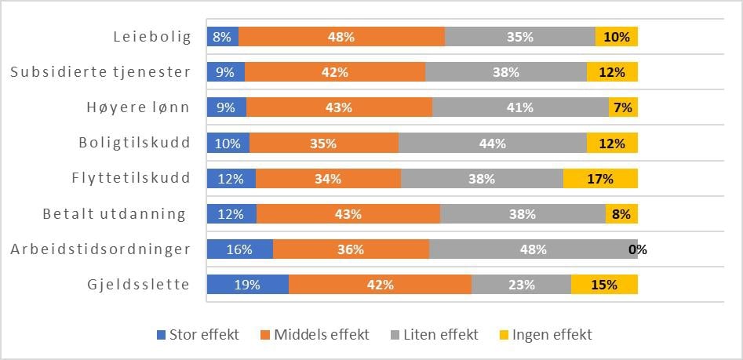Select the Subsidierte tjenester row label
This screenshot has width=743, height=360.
(100, 72)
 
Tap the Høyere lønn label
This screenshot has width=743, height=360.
(139, 107)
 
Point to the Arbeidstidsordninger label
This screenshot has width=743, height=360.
(100, 249)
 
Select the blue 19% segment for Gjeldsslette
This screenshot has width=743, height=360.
(247, 285)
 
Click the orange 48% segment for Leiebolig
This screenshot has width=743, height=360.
(341, 37)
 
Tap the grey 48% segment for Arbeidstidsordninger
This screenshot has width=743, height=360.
(533, 249)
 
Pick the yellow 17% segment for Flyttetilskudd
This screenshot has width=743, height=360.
(600, 179)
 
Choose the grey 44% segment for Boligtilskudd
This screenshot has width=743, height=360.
(492, 144)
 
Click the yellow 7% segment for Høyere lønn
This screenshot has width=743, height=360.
(623, 107)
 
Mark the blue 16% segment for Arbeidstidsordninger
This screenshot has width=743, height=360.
(239, 249)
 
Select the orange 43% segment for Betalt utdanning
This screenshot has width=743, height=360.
(348, 214)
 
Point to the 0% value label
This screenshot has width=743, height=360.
(637, 250)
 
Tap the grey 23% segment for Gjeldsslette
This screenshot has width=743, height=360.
(521, 285)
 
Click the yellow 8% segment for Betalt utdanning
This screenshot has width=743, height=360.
(621, 214)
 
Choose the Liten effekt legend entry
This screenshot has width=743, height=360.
(435, 335)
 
